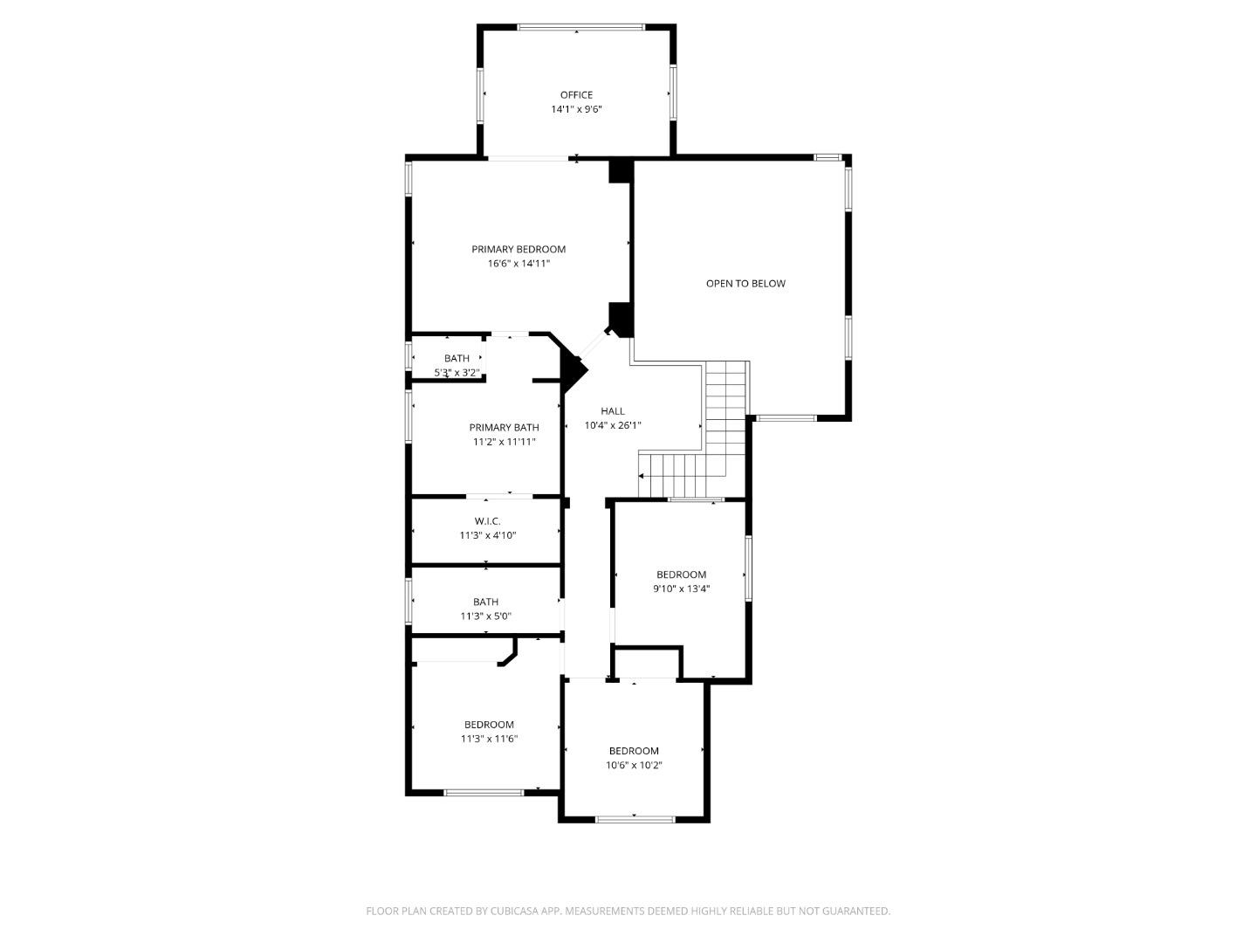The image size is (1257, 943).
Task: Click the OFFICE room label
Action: click(576, 95)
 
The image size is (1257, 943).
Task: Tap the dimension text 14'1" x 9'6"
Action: click(576, 110)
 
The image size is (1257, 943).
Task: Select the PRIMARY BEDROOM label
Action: click(519, 249)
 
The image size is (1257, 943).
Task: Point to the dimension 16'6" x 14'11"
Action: click(519, 264)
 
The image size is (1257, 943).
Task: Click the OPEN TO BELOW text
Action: click(745, 284)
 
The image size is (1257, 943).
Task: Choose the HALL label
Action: click(613, 411)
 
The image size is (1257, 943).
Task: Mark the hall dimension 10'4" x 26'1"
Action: click(613, 426)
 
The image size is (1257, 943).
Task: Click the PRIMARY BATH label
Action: click(504, 428)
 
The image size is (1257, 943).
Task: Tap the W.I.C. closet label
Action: click(488, 521)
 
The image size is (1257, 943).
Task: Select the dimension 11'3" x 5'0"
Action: click(485, 616)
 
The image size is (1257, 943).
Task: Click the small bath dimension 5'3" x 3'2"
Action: click(457, 373)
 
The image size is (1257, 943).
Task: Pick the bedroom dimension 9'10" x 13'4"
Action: click(681, 589)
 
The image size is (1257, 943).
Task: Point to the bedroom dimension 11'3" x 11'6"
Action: click(489, 739)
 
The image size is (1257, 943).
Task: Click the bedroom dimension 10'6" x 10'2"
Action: click(634, 766)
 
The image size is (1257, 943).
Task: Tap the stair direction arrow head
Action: click(642, 476)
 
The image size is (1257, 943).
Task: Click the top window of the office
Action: click(580, 27)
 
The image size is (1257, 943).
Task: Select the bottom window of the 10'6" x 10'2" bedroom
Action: click(635, 819)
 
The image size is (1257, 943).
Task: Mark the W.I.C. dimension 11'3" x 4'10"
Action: click(488, 535)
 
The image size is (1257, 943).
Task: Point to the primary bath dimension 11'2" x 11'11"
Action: click(504, 442)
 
